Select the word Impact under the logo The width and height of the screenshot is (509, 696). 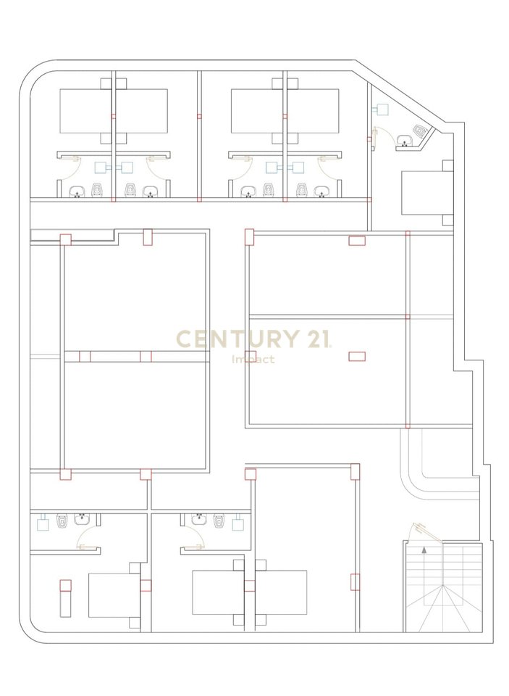click(x=253, y=359)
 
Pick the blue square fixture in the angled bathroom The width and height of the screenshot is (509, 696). click(x=382, y=109)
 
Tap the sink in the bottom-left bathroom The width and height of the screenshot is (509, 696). click(x=83, y=519)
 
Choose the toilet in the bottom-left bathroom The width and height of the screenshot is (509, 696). click(x=62, y=520)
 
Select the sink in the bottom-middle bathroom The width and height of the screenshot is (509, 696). click(x=198, y=519)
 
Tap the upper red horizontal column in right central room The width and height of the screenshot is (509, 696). click(x=357, y=241)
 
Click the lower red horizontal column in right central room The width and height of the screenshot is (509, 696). click(x=357, y=355)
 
